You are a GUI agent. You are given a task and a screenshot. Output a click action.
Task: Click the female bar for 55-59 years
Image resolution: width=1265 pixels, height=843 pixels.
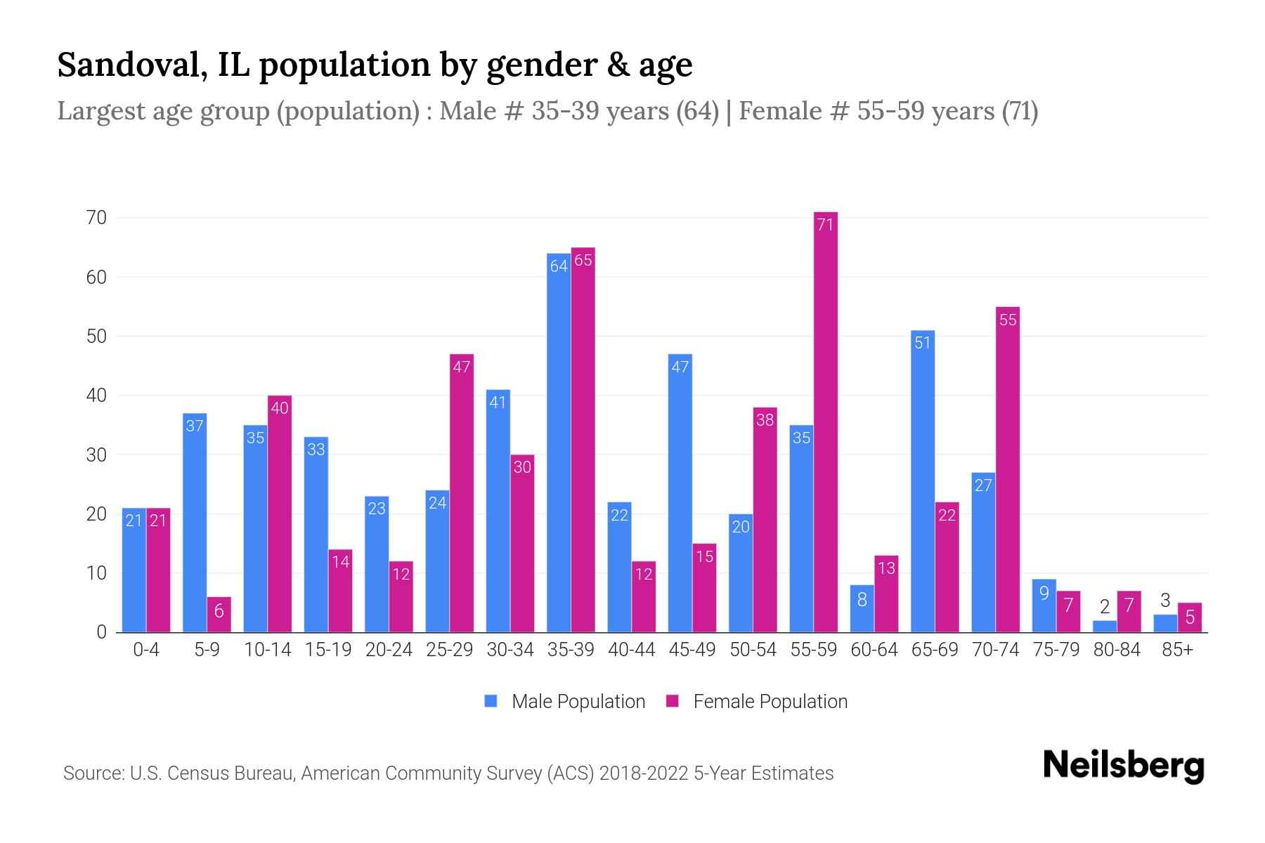pyautogui.click(x=825, y=421)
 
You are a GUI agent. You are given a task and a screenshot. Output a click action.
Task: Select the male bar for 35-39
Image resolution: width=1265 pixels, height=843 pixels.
pyautogui.click(x=559, y=443)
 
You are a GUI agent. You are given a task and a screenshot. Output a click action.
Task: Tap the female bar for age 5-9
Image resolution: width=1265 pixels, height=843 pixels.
pyautogui.click(x=219, y=615)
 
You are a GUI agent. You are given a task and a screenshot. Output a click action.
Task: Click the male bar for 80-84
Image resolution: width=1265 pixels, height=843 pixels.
pyautogui.click(x=1105, y=626)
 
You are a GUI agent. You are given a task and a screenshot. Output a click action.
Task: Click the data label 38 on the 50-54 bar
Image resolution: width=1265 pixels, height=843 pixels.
pyautogui.click(x=765, y=420)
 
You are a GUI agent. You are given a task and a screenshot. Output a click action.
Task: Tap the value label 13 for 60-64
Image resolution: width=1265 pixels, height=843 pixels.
pyautogui.click(x=886, y=568)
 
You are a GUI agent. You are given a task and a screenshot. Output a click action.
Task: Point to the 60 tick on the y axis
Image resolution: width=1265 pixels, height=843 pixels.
pyautogui.click(x=97, y=277)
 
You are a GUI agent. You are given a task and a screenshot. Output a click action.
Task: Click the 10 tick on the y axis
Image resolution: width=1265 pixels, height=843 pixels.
pyautogui.click(x=97, y=574)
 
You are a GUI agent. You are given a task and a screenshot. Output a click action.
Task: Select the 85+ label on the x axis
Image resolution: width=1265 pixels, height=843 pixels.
pyautogui.click(x=1177, y=650)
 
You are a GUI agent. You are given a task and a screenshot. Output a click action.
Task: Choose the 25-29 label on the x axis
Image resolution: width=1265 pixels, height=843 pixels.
pyautogui.click(x=449, y=650)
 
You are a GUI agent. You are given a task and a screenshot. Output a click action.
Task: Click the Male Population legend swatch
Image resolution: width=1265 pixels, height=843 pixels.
pyautogui.click(x=491, y=701)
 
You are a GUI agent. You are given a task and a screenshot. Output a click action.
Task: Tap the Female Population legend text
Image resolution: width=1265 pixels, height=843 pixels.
pyautogui.click(x=770, y=701)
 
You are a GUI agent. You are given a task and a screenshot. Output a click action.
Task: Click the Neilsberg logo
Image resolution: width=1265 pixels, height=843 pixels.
pyautogui.click(x=1123, y=765)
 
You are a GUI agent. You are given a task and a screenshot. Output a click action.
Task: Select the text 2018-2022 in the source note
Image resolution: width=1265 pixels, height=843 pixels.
pyautogui.click(x=644, y=773)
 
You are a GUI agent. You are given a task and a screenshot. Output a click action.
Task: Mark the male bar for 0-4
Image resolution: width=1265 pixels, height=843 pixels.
pyautogui.click(x=134, y=570)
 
